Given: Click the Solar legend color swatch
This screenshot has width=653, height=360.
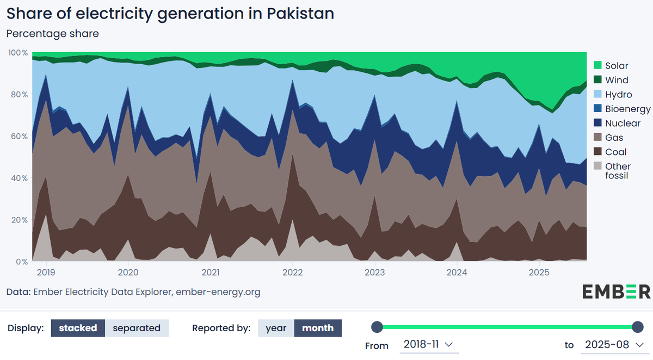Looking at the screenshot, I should [x=597, y=66].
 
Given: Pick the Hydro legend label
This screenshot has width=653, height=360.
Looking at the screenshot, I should [x=618, y=95].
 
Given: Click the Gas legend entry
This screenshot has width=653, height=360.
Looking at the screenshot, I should [x=614, y=138].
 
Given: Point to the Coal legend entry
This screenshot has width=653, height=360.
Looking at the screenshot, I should [x=615, y=152].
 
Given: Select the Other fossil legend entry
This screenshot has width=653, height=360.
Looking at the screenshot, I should [x=618, y=171].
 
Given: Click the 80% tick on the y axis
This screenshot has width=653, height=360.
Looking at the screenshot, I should [x=18, y=95].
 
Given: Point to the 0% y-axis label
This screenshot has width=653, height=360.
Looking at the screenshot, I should [x=21, y=262].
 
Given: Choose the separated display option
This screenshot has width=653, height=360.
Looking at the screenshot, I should [x=137, y=328].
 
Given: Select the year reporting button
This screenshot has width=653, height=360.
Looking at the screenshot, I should [x=276, y=328].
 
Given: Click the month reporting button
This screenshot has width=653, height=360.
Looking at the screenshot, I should [x=318, y=328].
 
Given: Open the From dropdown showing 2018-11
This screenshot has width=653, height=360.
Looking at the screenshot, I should [x=428, y=345].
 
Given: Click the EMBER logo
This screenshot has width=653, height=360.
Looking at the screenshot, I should [x=616, y=291].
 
